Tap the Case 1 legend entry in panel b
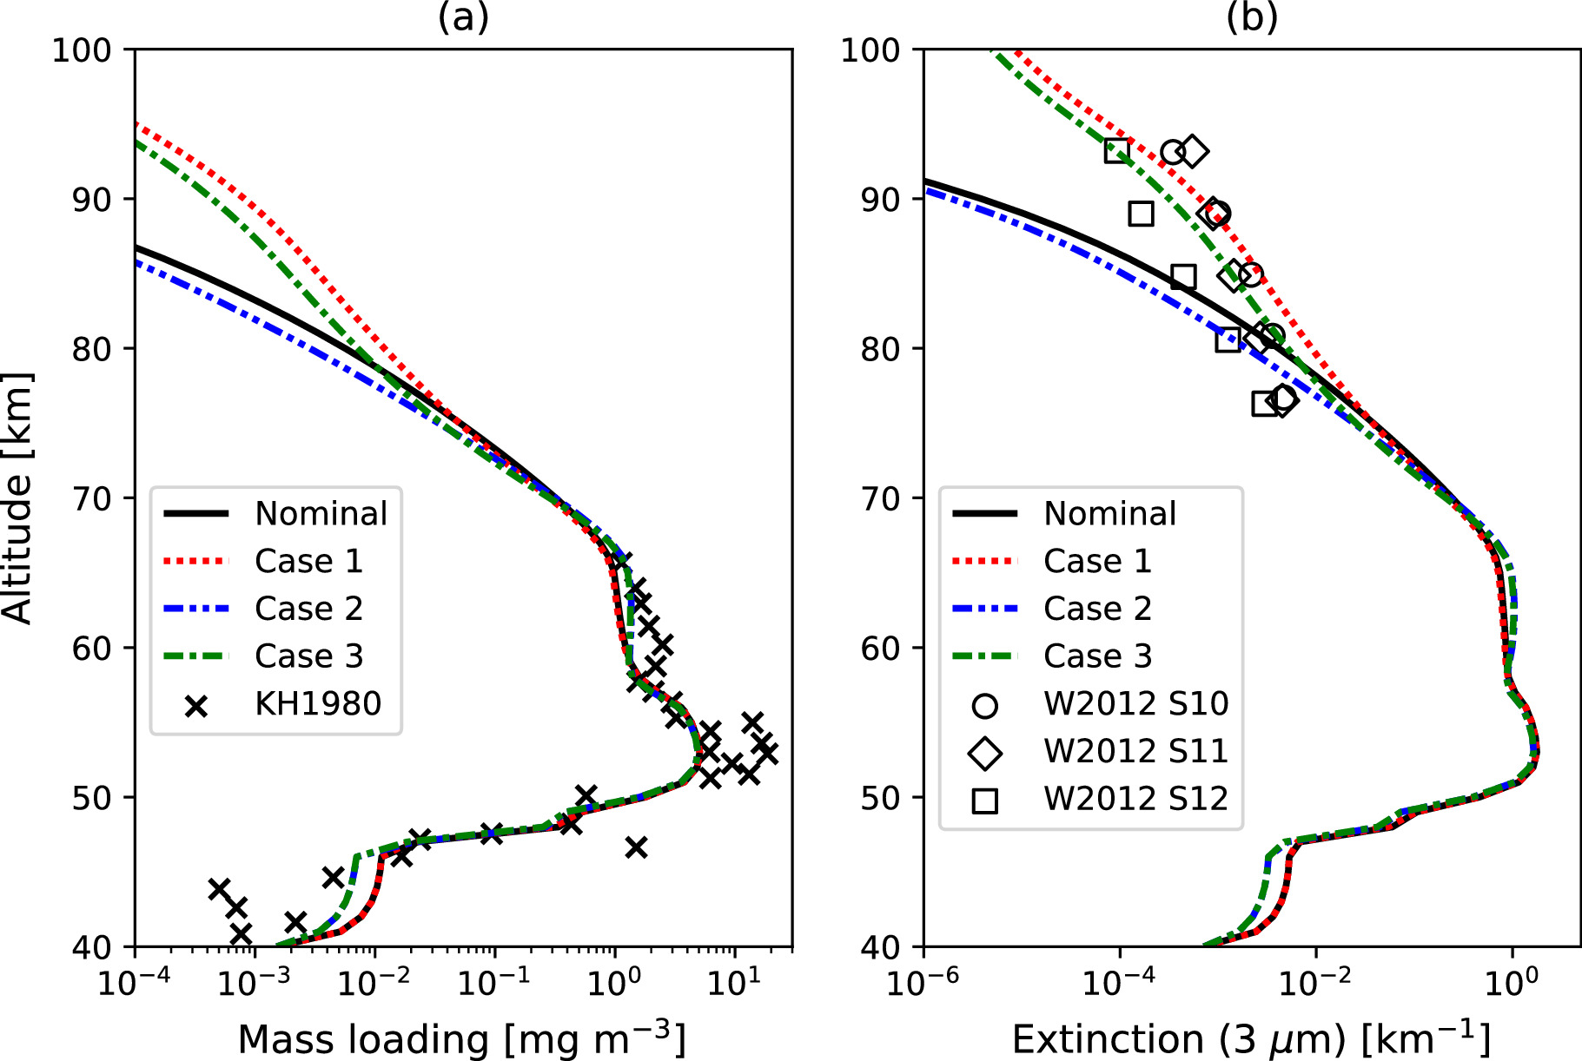click(x=1097, y=562)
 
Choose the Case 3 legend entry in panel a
click(x=308, y=656)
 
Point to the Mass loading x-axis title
click(x=461, y=1038)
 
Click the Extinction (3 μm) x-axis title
click(x=1251, y=1038)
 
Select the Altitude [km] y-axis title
click(x=17, y=498)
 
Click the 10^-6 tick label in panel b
click(x=922, y=982)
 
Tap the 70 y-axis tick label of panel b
click(x=883, y=499)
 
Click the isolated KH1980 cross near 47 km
click(x=636, y=847)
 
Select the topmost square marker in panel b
click(x=1116, y=151)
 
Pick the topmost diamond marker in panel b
click(x=1193, y=151)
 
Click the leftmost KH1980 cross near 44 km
click(x=219, y=888)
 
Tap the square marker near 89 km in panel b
click(x=1141, y=214)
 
